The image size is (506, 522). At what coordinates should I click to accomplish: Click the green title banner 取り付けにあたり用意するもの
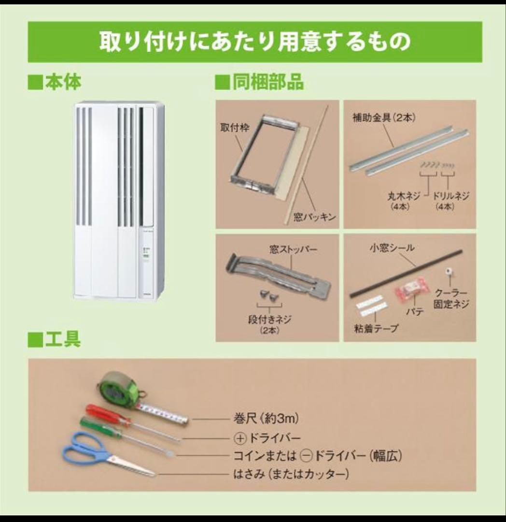click(254, 42)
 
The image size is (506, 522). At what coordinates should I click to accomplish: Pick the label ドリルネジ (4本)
click(451, 200)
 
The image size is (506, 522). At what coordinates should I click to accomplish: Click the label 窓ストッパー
click(293, 250)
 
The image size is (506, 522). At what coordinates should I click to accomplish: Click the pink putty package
click(411, 290)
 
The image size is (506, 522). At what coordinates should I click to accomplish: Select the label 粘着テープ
click(376, 329)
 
